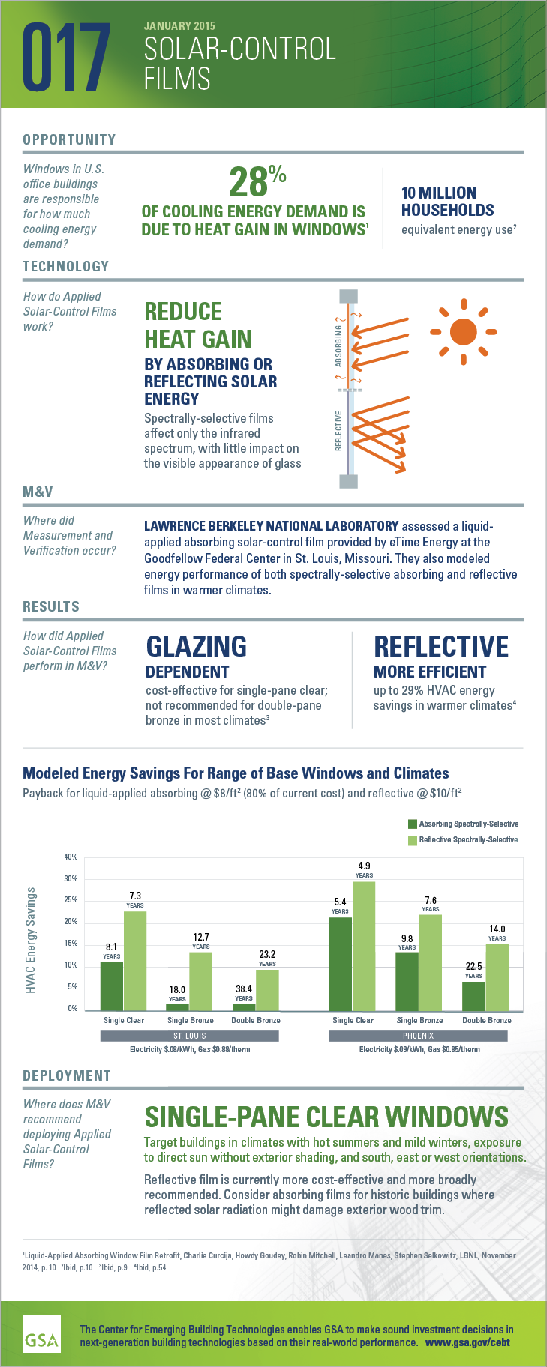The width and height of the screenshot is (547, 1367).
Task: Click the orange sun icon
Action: click(463, 331)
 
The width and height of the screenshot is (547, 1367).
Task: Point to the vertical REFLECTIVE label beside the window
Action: click(338, 430)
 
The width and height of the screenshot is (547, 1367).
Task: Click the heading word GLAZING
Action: click(196, 645)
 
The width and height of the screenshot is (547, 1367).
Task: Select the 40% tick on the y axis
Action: click(71, 857)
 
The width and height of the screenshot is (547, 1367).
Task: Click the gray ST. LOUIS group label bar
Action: click(189, 1036)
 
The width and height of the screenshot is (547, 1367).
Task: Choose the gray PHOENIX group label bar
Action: click(418, 1036)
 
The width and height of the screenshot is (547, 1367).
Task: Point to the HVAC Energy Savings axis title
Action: click(31, 940)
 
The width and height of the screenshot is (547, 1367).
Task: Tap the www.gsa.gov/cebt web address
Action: click(467, 1342)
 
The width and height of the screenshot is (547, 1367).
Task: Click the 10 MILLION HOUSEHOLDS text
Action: click(447, 202)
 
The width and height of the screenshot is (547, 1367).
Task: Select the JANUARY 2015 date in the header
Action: click(179, 26)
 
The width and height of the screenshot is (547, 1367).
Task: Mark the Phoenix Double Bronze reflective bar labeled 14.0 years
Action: click(497, 977)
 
